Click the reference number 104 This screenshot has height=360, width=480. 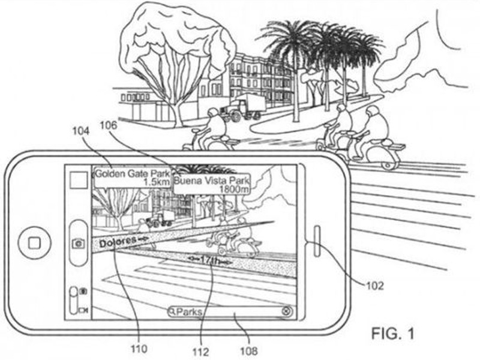(x=81, y=131)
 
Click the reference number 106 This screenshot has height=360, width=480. (x=109, y=125)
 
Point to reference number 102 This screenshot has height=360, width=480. (x=374, y=286)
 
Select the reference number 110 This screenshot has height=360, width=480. (x=139, y=349)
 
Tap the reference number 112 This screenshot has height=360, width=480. (x=200, y=352)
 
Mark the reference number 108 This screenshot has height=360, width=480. (x=249, y=351)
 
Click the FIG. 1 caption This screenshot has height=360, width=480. (x=393, y=333)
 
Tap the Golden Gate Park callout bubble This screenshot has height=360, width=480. (x=132, y=178)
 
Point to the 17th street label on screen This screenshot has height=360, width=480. (x=209, y=260)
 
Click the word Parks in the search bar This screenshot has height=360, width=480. (x=190, y=312)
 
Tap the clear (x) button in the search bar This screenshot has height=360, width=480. (x=286, y=311)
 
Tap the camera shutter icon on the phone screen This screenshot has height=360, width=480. (x=79, y=244)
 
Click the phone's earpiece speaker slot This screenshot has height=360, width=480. (x=317, y=241)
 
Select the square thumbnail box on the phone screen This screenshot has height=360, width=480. (x=79, y=179)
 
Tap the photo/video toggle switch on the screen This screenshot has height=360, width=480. (x=73, y=300)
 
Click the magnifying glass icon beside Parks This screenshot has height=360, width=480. (x=173, y=312)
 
